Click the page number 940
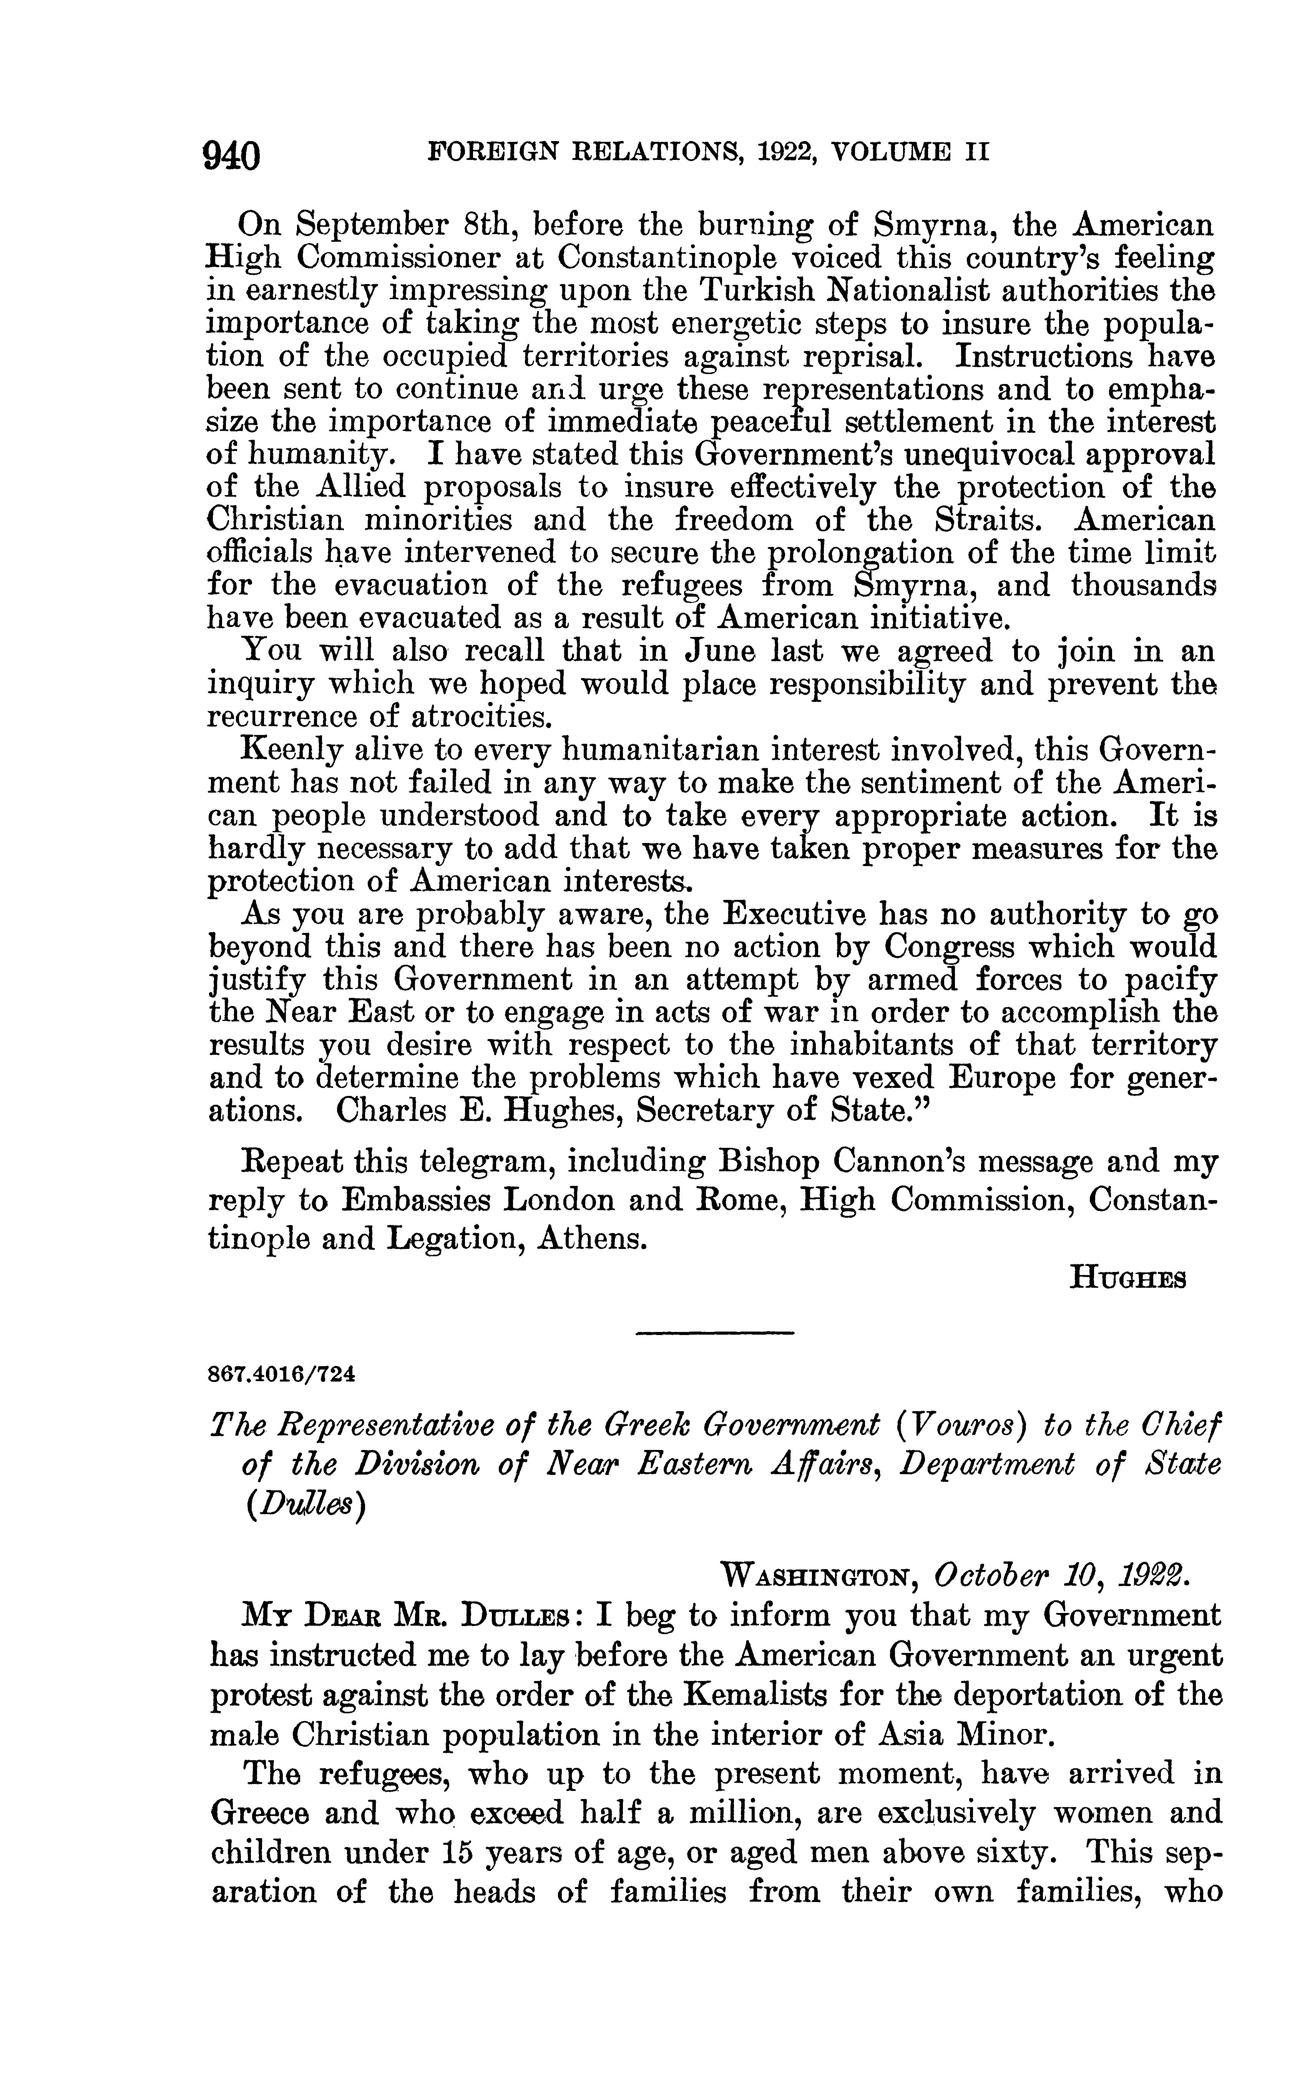click(x=231, y=156)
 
